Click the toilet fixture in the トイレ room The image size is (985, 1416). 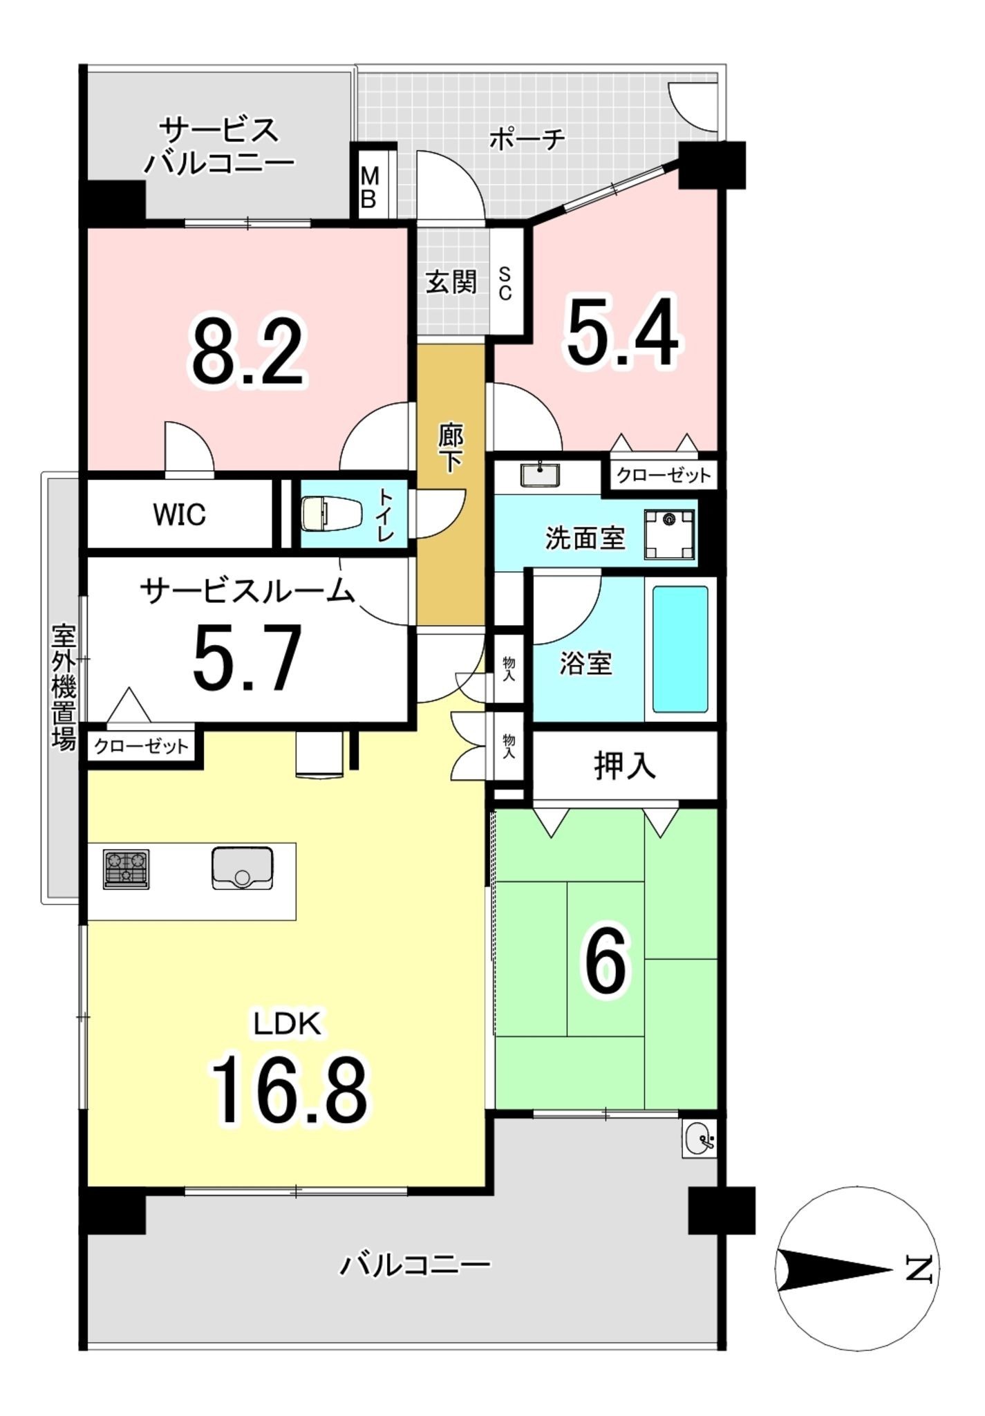coord(331,514)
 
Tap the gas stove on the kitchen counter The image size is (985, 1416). coord(126,868)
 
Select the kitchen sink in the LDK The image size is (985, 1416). coord(242,868)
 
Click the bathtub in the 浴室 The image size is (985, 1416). coord(681,649)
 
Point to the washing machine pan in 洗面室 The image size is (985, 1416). coord(669,534)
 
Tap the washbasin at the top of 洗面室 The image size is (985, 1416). coord(541,475)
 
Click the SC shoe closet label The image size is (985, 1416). coord(505,283)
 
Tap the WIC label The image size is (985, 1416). coord(180,514)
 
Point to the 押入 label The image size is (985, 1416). coord(624,766)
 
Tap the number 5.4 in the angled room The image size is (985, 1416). coord(622,331)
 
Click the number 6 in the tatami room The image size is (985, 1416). coord(606,960)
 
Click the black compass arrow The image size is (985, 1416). coord(834,1269)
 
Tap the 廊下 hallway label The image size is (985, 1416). coord(451,447)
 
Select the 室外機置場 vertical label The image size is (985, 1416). coord(64,687)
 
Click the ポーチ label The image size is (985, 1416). coord(527,140)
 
